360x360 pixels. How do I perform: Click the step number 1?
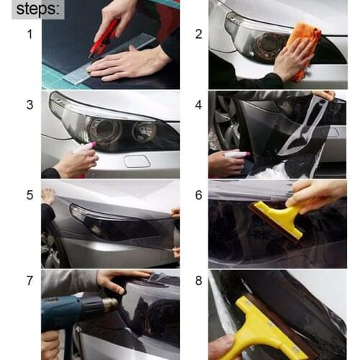(29, 34)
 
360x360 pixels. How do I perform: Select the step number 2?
(198, 34)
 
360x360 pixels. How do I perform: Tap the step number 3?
(29, 104)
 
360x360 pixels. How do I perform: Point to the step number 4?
(198, 104)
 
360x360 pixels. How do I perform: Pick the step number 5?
(29, 194)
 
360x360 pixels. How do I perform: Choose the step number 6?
(198, 194)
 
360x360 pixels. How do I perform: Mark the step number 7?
(29, 280)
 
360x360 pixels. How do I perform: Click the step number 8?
(198, 280)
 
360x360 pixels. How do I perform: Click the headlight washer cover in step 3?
(136, 161)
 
